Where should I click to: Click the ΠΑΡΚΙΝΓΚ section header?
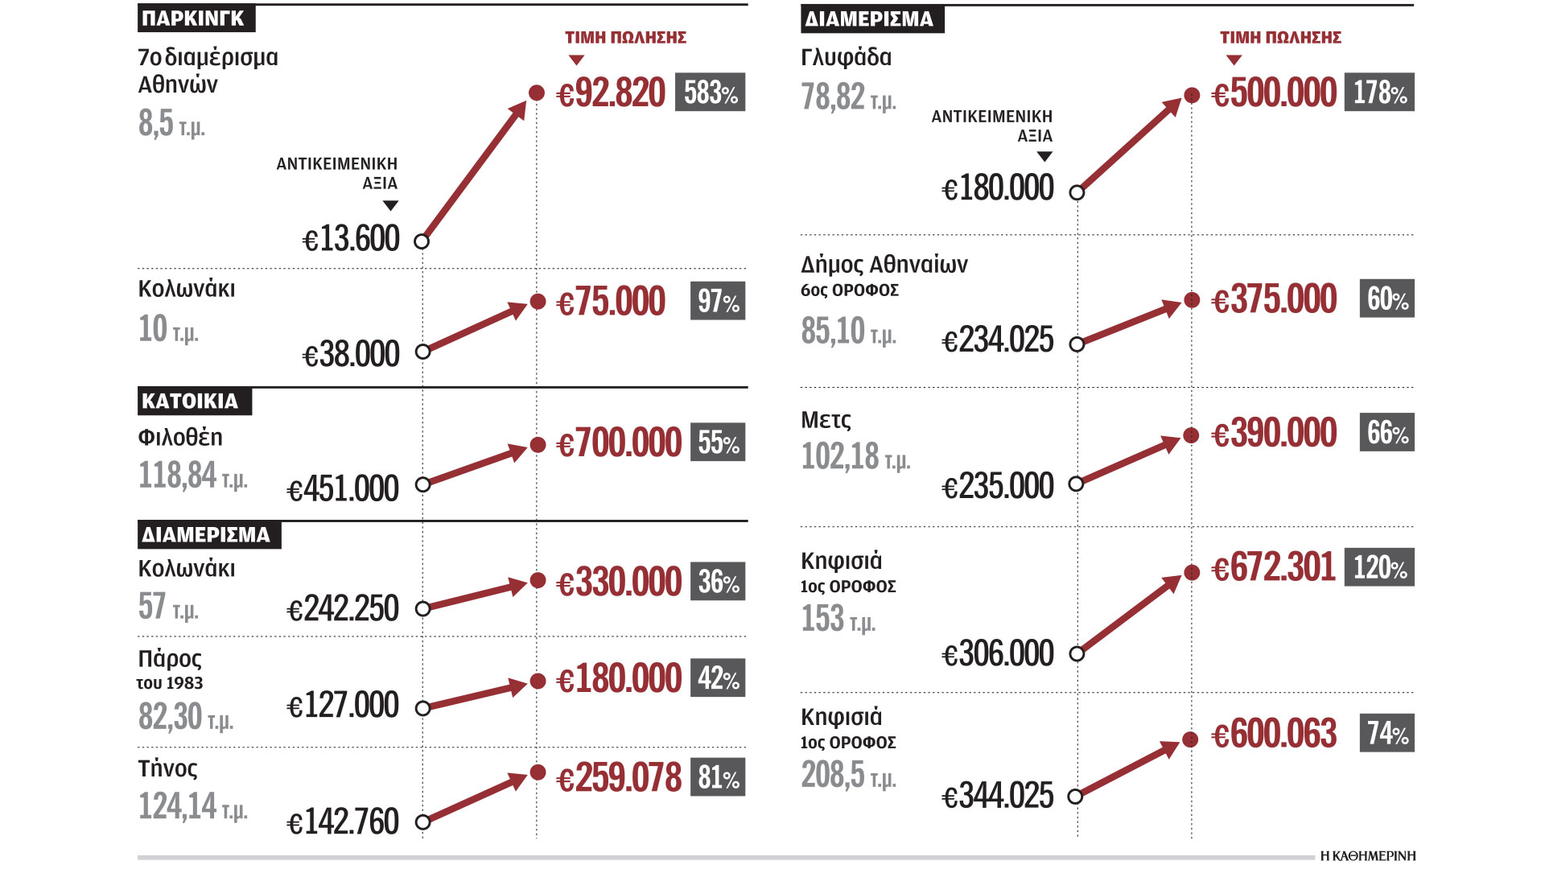(196, 19)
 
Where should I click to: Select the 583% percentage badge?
(710, 93)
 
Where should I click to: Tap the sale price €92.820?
(612, 93)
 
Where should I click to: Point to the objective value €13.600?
(351, 239)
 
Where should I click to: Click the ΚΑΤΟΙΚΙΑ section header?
(194, 401)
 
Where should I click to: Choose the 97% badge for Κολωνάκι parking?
(717, 301)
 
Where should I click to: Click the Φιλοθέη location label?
(180, 437)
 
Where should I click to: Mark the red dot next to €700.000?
(538, 445)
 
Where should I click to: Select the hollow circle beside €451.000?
(422, 484)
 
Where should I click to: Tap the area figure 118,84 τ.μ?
(193, 476)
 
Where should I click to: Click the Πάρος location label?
(170, 658)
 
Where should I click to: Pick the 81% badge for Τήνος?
(717, 777)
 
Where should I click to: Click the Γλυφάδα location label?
(846, 57)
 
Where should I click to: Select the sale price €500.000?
(1274, 93)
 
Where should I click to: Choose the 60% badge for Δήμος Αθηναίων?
(1386, 299)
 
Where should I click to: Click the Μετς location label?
(826, 420)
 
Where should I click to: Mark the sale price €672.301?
(1274, 568)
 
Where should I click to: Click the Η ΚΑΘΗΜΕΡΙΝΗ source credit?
(1367, 856)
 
